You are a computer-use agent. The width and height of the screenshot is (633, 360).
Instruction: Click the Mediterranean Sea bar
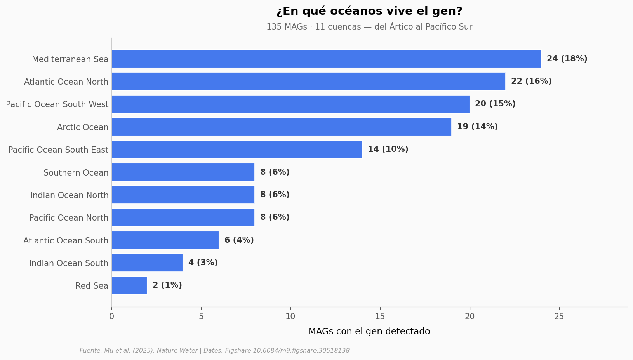326,59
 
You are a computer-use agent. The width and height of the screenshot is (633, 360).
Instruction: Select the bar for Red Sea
129,285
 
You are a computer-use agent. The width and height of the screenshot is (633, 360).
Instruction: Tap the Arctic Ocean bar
282,127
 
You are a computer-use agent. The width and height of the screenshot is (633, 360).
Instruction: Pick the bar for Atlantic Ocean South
165,240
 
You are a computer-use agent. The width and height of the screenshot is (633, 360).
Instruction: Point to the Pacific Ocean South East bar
237,150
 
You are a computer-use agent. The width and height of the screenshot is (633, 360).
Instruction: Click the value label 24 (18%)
567,59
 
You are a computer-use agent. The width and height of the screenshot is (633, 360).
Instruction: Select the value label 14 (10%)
388,149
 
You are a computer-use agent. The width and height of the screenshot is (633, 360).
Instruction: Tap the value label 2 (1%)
167,285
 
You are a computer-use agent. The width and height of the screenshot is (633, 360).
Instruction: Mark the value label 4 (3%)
203,263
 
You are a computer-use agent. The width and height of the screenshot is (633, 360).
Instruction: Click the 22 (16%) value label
531,82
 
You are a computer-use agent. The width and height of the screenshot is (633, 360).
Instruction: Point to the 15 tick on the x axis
380,309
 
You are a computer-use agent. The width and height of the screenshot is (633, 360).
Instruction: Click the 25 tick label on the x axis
559,317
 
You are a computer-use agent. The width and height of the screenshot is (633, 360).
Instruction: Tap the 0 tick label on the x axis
111,317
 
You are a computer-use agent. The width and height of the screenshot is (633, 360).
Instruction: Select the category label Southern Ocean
76,173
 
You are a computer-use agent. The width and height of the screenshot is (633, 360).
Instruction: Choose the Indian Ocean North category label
70,195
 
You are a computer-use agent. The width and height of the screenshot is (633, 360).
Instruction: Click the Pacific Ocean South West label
57,104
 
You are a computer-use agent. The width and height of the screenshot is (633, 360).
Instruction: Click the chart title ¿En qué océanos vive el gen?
369,11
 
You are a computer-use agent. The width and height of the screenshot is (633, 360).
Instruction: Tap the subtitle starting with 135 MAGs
369,27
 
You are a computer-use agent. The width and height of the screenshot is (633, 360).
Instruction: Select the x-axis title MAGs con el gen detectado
369,332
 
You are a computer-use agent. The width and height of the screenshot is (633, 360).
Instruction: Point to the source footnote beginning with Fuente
214,351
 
